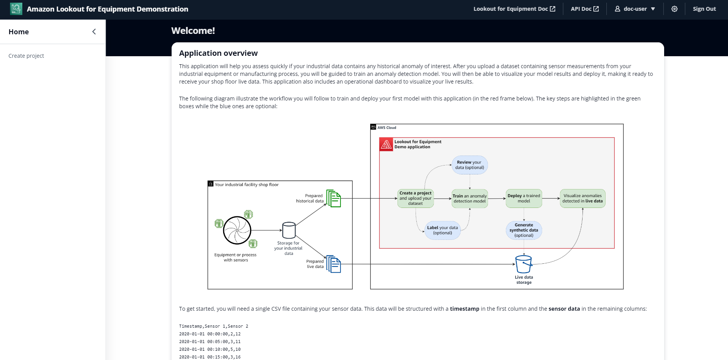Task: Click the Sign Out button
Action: pyautogui.click(x=704, y=9)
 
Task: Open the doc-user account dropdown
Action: pyautogui.click(x=635, y=9)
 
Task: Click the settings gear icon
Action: pyautogui.click(x=675, y=9)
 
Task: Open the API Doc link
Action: pyautogui.click(x=585, y=9)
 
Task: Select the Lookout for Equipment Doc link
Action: pyautogui.click(x=514, y=9)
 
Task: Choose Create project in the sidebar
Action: pyautogui.click(x=26, y=56)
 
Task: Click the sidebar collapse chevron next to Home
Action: pyautogui.click(x=94, y=32)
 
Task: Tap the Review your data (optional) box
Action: pyautogui.click(x=470, y=165)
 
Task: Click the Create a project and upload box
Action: pyautogui.click(x=416, y=198)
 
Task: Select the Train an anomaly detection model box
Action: pyautogui.click(x=470, y=198)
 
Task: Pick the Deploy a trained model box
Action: pyautogui.click(x=524, y=198)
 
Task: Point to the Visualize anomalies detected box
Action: pyautogui.click(x=583, y=198)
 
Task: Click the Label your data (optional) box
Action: pyautogui.click(x=442, y=230)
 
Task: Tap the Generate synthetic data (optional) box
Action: pyautogui.click(x=524, y=230)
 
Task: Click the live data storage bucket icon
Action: pyautogui.click(x=524, y=264)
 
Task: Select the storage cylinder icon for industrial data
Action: pyautogui.click(x=289, y=230)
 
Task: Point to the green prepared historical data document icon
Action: pyautogui.click(x=334, y=198)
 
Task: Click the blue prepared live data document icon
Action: pyautogui.click(x=334, y=264)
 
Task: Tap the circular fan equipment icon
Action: pyautogui.click(x=237, y=230)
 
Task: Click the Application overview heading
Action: pyautogui.click(x=218, y=53)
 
